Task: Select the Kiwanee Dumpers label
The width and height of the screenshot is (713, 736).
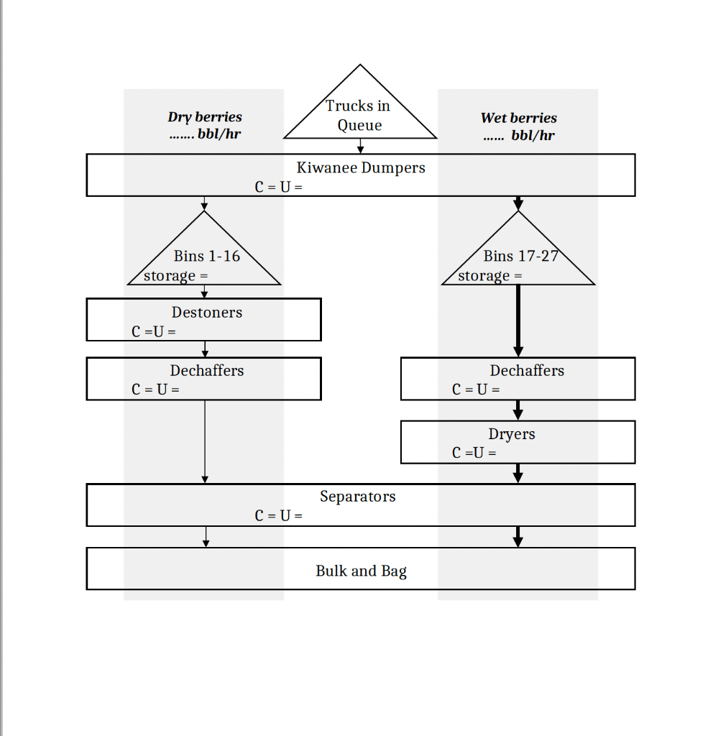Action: (x=361, y=167)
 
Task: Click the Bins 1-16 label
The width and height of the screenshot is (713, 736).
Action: (x=206, y=256)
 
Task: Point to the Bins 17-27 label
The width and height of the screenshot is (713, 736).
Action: (x=520, y=256)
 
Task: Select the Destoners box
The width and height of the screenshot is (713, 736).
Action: (x=204, y=320)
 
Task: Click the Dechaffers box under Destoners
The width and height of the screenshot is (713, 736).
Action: (x=204, y=379)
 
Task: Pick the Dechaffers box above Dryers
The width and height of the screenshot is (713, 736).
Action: (x=517, y=379)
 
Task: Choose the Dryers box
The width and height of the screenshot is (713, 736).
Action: (x=517, y=441)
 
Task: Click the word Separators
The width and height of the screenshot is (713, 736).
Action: (x=357, y=497)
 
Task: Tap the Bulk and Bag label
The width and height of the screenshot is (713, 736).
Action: (x=361, y=571)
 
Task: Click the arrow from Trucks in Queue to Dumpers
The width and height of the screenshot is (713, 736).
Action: (x=360, y=146)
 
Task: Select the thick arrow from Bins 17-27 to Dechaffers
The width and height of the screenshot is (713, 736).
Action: (x=517, y=320)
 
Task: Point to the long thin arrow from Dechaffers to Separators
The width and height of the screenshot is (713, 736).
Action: (x=205, y=440)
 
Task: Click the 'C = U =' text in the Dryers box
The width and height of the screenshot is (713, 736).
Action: (x=474, y=453)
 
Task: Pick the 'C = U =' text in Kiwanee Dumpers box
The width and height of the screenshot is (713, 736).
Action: (x=278, y=188)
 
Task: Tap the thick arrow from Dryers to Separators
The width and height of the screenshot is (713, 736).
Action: (x=517, y=473)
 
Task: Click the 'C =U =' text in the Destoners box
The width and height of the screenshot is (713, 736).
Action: (x=153, y=332)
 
